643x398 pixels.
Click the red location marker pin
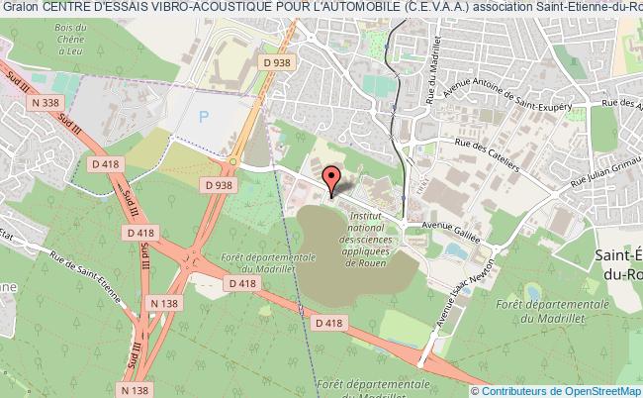click(331, 179)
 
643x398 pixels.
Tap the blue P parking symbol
click(204, 116)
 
